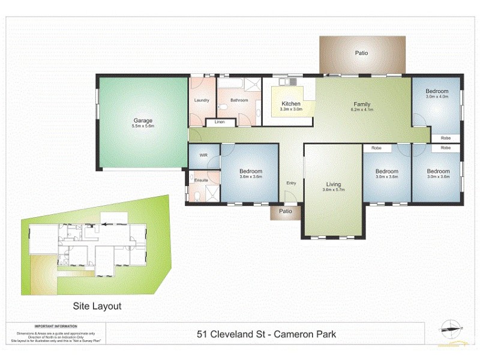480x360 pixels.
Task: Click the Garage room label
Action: click(142, 120)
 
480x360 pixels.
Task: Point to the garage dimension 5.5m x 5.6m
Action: click(142, 127)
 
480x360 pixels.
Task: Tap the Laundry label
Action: click(202, 100)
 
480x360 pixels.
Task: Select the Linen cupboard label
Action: click(220, 122)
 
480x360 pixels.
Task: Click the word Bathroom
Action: click(238, 100)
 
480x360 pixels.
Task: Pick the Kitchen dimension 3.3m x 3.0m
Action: click(291, 110)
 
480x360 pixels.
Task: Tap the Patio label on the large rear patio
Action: click(361, 53)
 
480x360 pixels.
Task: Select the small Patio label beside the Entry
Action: click(286, 211)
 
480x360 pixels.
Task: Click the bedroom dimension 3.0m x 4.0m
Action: click(437, 97)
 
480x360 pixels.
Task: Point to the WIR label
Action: click(203, 155)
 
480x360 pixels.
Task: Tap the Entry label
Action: click(291, 183)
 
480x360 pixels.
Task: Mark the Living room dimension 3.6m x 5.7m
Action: click(333, 191)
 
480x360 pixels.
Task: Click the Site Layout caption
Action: click(97, 306)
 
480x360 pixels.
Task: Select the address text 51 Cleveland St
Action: click(232, 334)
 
